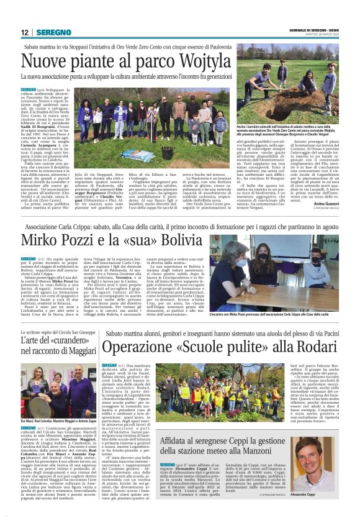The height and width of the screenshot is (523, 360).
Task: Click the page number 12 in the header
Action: (25, 32)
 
